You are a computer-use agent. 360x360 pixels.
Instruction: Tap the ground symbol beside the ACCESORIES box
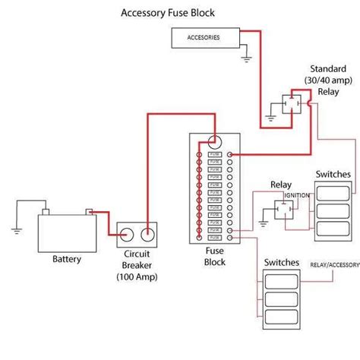[247, 55]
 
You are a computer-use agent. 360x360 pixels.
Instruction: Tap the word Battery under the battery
[66, 259]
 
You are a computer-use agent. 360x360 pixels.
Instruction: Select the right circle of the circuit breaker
[148, 234]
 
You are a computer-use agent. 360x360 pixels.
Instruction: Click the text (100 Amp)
[137, 277]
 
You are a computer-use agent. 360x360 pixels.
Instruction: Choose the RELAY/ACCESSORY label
[334, 265]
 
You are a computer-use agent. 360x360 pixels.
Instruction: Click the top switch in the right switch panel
[333, 191]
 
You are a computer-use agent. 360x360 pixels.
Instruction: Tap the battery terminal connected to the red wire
[90, 212]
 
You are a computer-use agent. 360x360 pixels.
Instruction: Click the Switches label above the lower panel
[282, 262]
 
